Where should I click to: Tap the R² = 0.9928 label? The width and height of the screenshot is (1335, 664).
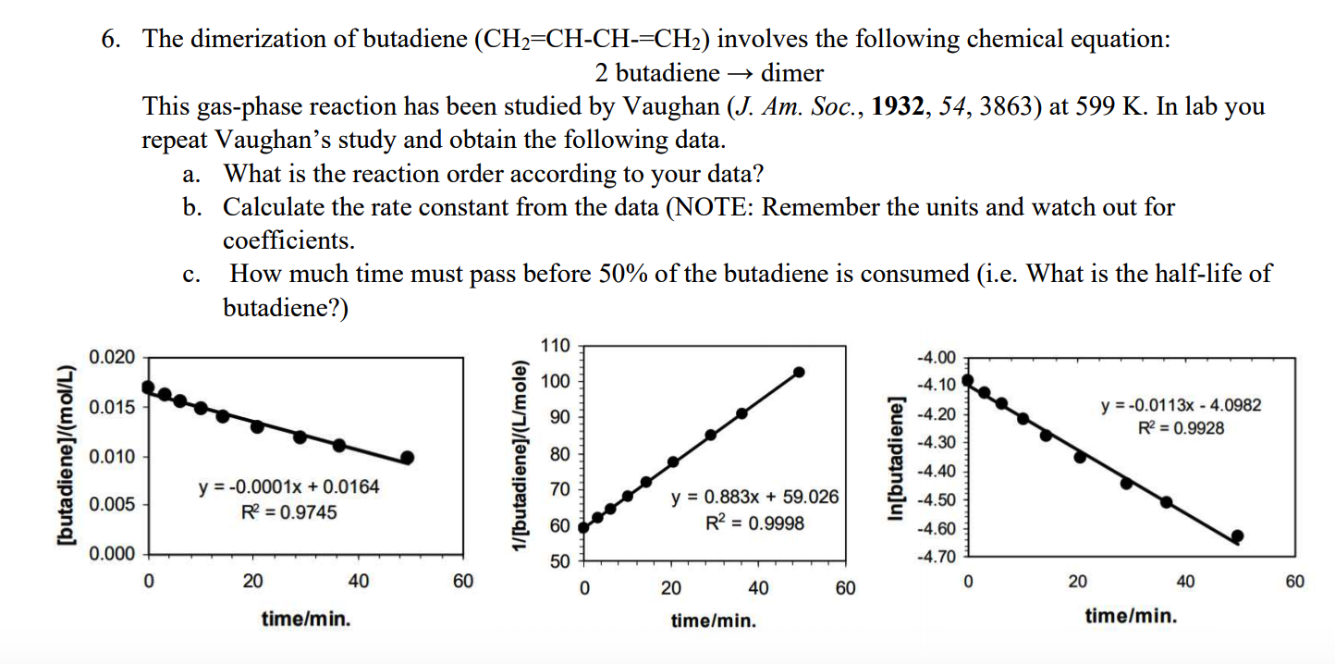point(1181,427)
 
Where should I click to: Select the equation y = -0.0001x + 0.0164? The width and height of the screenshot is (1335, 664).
point(289,486)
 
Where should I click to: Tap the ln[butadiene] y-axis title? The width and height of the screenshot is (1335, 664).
point(894,460)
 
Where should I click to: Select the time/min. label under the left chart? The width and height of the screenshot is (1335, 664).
point(305,619)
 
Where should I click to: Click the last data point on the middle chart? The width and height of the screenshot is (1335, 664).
point(800,372)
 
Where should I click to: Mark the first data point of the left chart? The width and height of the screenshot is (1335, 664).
point(148,387)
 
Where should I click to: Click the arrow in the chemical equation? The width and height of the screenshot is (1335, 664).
point(740,73)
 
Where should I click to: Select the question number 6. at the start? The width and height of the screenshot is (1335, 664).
point(115,40)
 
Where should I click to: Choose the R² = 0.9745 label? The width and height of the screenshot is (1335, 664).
point(289,512)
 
